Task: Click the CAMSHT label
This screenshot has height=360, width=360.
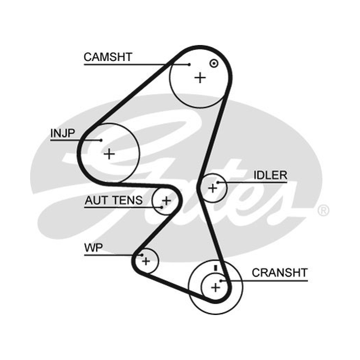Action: tap(108, 57)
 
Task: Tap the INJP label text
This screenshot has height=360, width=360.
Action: tap(63, 133)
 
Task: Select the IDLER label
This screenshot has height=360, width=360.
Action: tap(270, 175)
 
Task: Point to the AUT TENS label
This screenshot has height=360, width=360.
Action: tap(113, 200)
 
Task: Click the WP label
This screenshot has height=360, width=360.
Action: tap(94, 248)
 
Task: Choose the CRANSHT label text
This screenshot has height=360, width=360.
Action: tap(279, 273)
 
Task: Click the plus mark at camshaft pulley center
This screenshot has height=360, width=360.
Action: tap(200, 78)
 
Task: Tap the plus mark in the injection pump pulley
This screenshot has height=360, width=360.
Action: tap(109, 154)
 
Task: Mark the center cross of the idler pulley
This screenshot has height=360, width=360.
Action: tap(212, 188)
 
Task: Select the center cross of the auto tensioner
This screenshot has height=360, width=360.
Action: tap(166, 201)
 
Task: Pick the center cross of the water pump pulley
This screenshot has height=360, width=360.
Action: tap(146, 261)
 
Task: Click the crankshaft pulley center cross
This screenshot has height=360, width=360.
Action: tap(216, 288)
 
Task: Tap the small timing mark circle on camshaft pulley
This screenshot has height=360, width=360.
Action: tap(214, 63)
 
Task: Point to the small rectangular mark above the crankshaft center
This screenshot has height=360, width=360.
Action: tap(216, 268)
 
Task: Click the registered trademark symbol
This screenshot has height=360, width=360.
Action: tap(323, 210)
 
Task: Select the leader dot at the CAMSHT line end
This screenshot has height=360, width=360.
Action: tap(189, 65)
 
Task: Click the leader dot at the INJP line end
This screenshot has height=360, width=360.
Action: tap(101, 140)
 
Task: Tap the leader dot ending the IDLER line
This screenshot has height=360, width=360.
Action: tap(218, 183)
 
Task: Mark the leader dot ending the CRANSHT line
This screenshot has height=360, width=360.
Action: tap(220, 281)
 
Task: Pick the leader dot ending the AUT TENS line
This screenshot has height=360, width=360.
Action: tap(162, 207)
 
